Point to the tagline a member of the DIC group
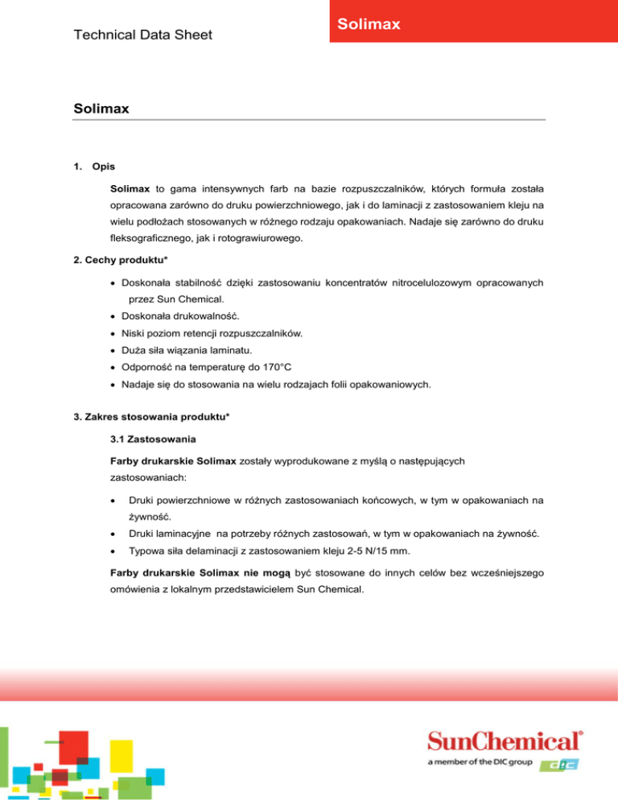coord(480,762)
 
